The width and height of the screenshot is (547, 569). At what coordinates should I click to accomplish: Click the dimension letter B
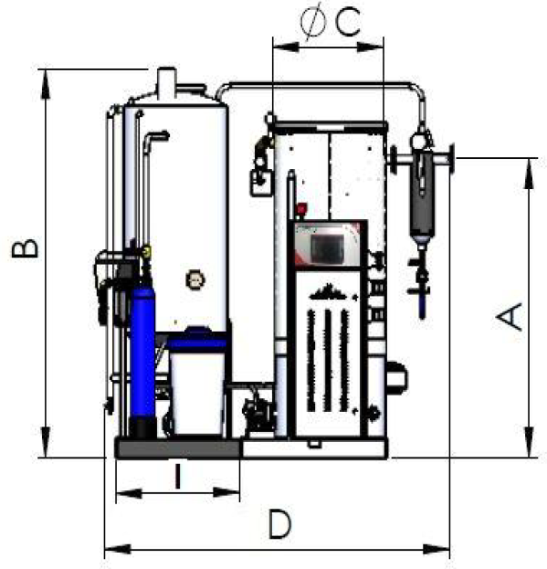point(25,248)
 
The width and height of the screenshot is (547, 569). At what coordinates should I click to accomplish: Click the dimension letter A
point(510,317)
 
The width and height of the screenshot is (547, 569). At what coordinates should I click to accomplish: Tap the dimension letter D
point(279,524)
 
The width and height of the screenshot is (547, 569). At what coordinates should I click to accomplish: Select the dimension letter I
point(177,476)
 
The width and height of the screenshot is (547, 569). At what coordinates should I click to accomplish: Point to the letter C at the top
point(348,22)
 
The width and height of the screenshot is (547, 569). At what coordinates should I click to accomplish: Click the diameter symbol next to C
point(313,22)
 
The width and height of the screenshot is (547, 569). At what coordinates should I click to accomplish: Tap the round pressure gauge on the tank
point(195,280)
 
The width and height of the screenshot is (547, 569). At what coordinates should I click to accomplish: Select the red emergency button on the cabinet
point(301,209)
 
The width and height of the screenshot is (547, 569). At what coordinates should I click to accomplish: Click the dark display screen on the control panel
point(327,248)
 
